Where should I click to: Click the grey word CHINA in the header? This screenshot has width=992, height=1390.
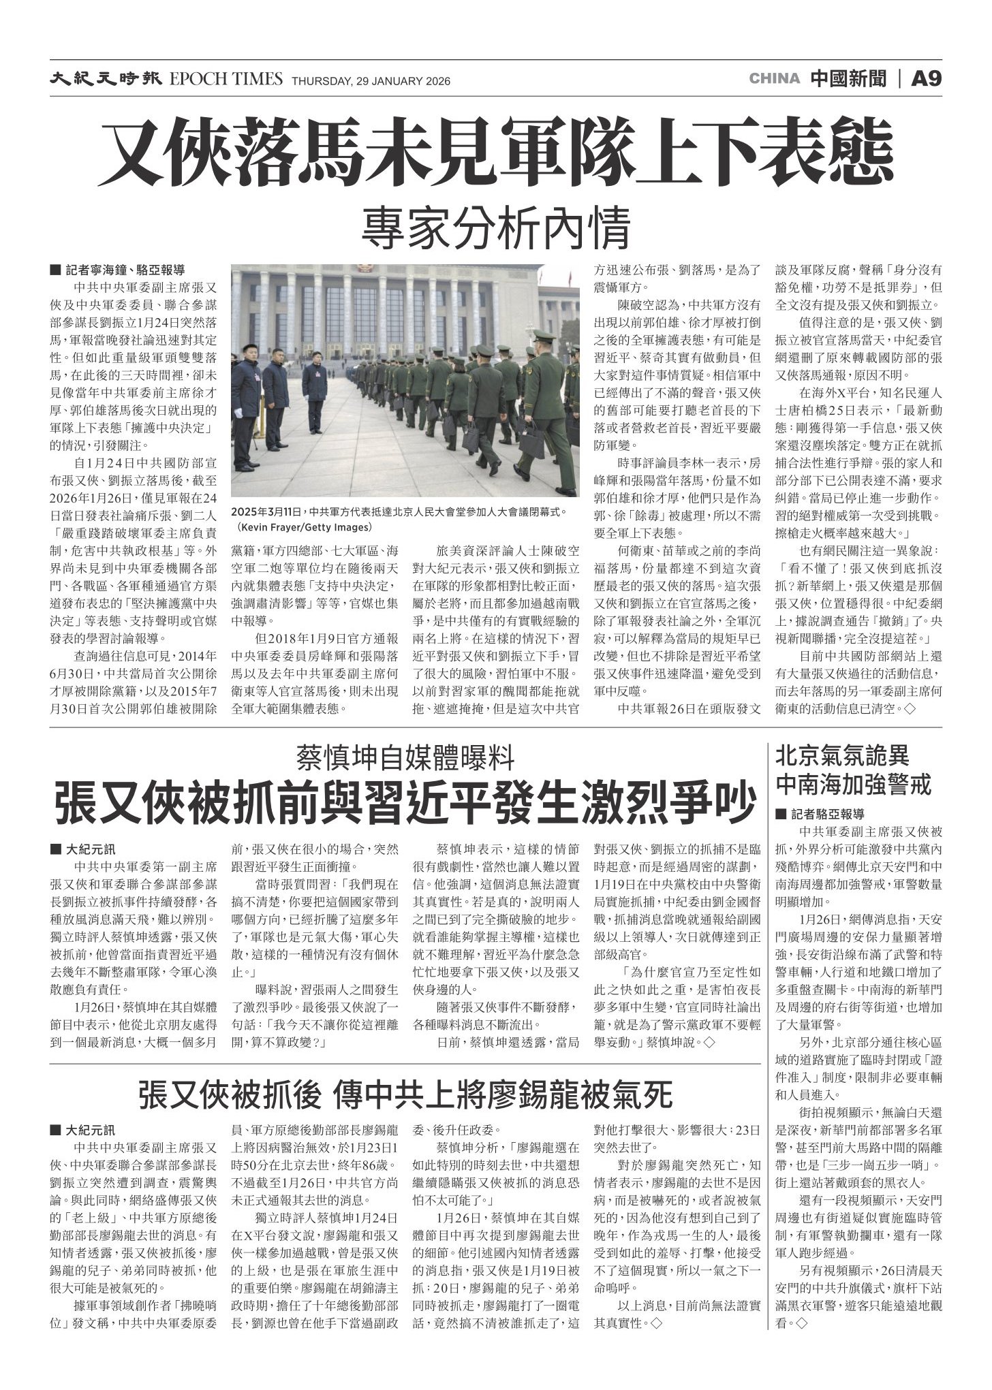click(x=774, y=79)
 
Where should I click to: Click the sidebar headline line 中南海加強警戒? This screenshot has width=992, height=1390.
click(x=853, y=785)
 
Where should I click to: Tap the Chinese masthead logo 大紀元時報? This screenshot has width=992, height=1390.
click(x=104, y=80)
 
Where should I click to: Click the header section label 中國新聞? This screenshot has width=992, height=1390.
click(x=849, y=79)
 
